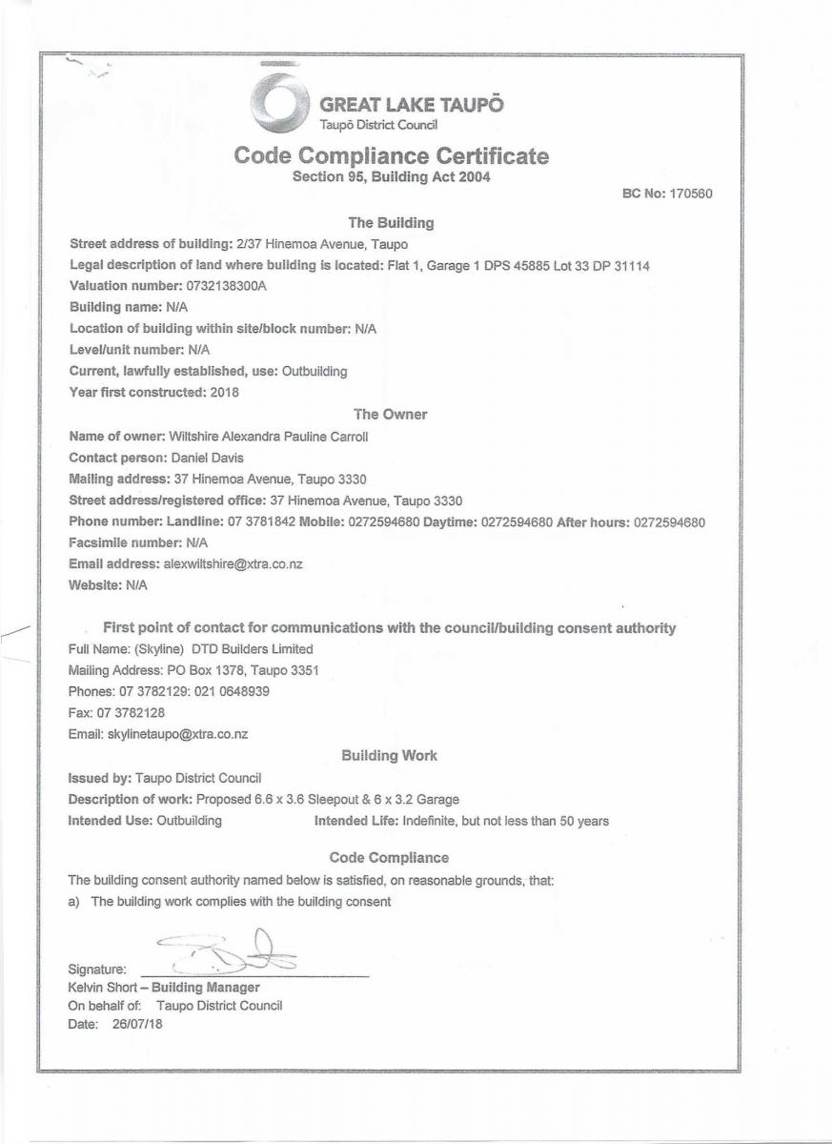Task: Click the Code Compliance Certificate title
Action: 392,155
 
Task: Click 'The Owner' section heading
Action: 391,414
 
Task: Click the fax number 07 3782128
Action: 115,712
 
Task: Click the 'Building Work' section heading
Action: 390,755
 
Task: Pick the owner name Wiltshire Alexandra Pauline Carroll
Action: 268,437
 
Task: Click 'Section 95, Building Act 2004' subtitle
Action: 391,177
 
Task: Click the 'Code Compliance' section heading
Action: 389,857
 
